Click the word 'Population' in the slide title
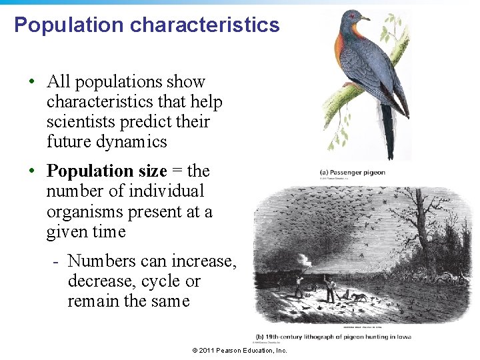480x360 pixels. [69, 25]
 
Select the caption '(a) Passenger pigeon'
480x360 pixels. [352, 173]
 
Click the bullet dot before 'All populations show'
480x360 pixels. [32, 83]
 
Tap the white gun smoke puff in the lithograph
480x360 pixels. [305, 258]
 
